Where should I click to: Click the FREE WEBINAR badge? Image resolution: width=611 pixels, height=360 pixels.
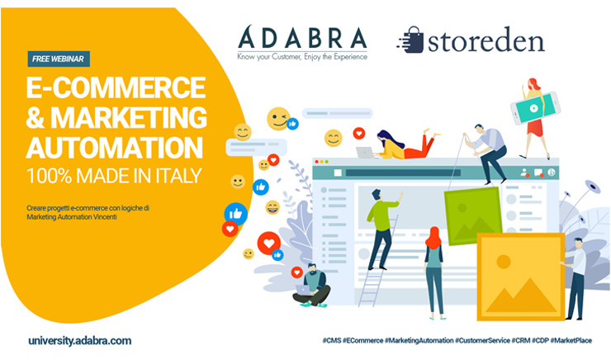[59, 59]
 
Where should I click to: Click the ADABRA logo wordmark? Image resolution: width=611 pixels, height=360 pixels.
[302, 37]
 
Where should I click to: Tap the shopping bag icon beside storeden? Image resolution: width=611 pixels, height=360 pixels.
[411, 40]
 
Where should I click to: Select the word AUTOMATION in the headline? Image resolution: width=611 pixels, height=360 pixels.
[115, 147]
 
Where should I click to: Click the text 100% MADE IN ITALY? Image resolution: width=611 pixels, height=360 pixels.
[114, 176]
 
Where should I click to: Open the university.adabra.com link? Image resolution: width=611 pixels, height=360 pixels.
[80, 341]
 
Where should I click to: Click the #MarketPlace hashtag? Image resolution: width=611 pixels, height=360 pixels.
[571, 340]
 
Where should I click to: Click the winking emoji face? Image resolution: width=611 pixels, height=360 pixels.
[278, 118]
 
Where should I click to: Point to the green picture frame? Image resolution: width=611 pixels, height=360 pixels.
[473, 216]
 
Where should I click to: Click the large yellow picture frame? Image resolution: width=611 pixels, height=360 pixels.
[521, 277]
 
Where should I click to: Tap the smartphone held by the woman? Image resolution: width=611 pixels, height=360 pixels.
[535, 108]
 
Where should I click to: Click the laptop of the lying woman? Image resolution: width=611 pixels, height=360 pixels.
[365, 152]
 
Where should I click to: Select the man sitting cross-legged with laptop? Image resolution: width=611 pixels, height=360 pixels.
[312, 285]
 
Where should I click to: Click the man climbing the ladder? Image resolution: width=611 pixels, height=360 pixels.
[381, 229]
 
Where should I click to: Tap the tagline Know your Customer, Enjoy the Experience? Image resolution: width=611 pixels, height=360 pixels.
[302, 57]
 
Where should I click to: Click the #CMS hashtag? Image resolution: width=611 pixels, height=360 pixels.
[332, 340]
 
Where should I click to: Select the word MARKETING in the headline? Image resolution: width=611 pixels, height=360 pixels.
[129, 117]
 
